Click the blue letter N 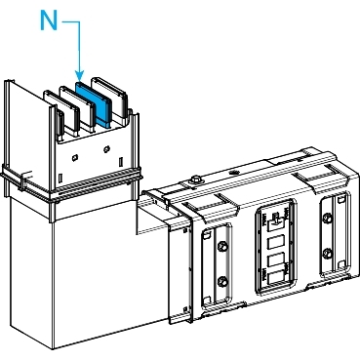tap(49, 20)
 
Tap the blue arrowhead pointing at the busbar tap(79, 75)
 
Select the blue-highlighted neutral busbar tap(94, 103)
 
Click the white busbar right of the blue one tap(109, 97)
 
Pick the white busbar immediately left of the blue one tap(76, 109)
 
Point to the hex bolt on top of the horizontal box tap(195, 180)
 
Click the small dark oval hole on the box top tap(232, 172)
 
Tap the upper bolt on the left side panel tap(222, 246)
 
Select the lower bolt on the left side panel tap(222, 280)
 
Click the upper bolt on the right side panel tap(328, 219)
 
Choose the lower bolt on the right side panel tap(328, 253)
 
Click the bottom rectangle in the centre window tap(276, 277)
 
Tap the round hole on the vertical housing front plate tap(106, 149)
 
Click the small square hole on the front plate tap(74, 158)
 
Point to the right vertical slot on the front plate tap(121, 162)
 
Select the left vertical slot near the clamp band tap(60, 179)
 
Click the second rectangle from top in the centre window tap(276, 242)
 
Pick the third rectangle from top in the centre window tap(276, 260)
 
